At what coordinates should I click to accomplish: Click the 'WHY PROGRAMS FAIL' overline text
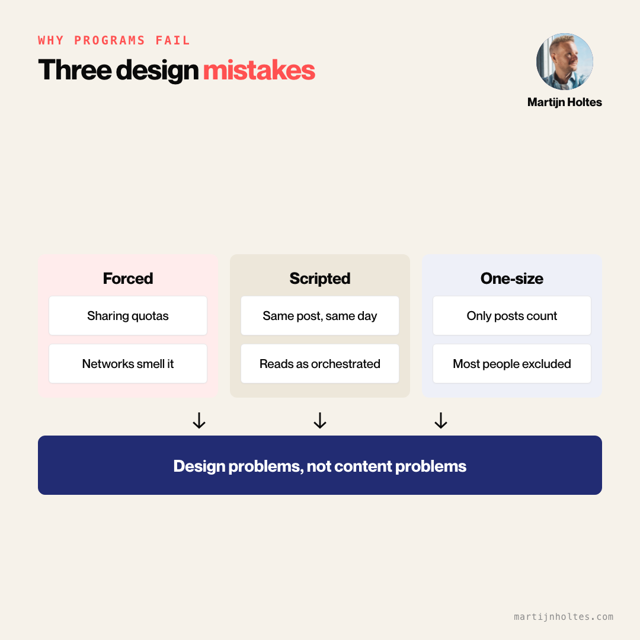(x=114, y=40)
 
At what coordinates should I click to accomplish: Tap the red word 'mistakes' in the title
(x=259, y=70)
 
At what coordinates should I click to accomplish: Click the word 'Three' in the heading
(x=75, y=70)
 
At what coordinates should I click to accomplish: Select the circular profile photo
(x=565, y=62)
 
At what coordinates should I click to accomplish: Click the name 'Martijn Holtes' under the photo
(x=565, y=102)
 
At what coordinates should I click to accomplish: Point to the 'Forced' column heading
(x=128, y=279)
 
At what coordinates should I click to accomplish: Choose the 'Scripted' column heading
(x=320, y=279)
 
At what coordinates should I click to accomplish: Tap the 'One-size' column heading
(x=512, y=279)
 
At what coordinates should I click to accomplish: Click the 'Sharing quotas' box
(x=128, y=315)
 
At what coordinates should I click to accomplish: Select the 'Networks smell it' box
(x=128, y=364)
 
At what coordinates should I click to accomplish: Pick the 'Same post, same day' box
(x=320, y=315)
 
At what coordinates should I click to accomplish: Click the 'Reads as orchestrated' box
(x=320, y=364)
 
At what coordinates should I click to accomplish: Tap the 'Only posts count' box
(x=512, y=315)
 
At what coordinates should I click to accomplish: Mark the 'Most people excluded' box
(x=512, y=364)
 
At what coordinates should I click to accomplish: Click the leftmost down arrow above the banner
(x=199, y=420)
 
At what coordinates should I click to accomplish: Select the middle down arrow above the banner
(x=320, y=420)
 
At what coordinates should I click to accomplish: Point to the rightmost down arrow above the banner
(x=441, y=420)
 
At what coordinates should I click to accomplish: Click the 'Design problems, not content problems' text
(x=320, y=466)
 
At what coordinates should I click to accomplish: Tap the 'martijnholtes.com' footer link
(x=564, y=617)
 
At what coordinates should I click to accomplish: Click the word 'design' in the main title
(x=158, y=70)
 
